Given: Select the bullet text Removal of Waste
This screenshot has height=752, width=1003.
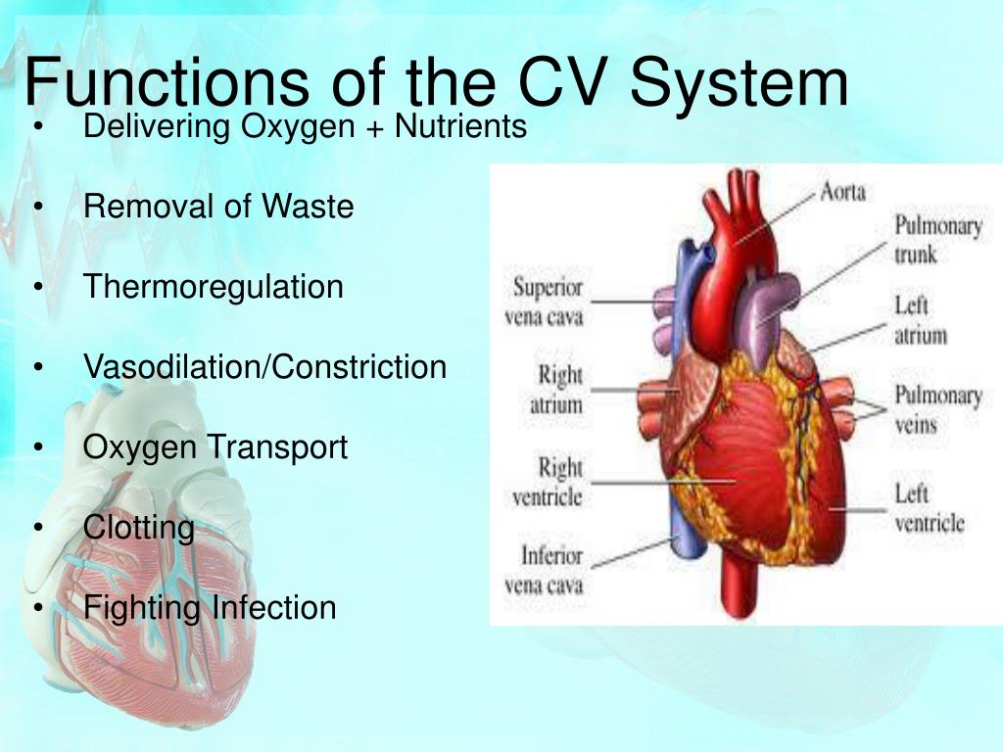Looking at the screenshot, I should [218, 207].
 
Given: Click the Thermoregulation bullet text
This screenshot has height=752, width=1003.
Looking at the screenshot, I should [214, 287].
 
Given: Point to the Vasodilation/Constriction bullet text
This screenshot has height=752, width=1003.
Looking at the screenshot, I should [264, 367].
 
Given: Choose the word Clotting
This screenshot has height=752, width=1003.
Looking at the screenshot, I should [139, 528].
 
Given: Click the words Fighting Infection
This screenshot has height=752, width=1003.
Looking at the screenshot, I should [210, 608].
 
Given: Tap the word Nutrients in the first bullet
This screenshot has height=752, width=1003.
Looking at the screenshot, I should [460, 126].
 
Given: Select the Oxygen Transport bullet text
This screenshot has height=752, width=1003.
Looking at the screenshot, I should [215, 447].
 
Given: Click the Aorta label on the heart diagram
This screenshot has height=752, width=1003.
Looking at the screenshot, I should [842, 192].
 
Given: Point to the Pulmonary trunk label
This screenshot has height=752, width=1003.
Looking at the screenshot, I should [937, 240].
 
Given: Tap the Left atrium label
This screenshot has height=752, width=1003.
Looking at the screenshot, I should [920, 320].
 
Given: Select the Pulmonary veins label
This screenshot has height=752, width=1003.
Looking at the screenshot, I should [937, 410].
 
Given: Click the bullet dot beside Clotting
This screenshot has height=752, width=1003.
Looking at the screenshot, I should [37, 529].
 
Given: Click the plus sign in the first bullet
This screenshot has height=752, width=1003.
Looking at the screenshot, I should [378, 127].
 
